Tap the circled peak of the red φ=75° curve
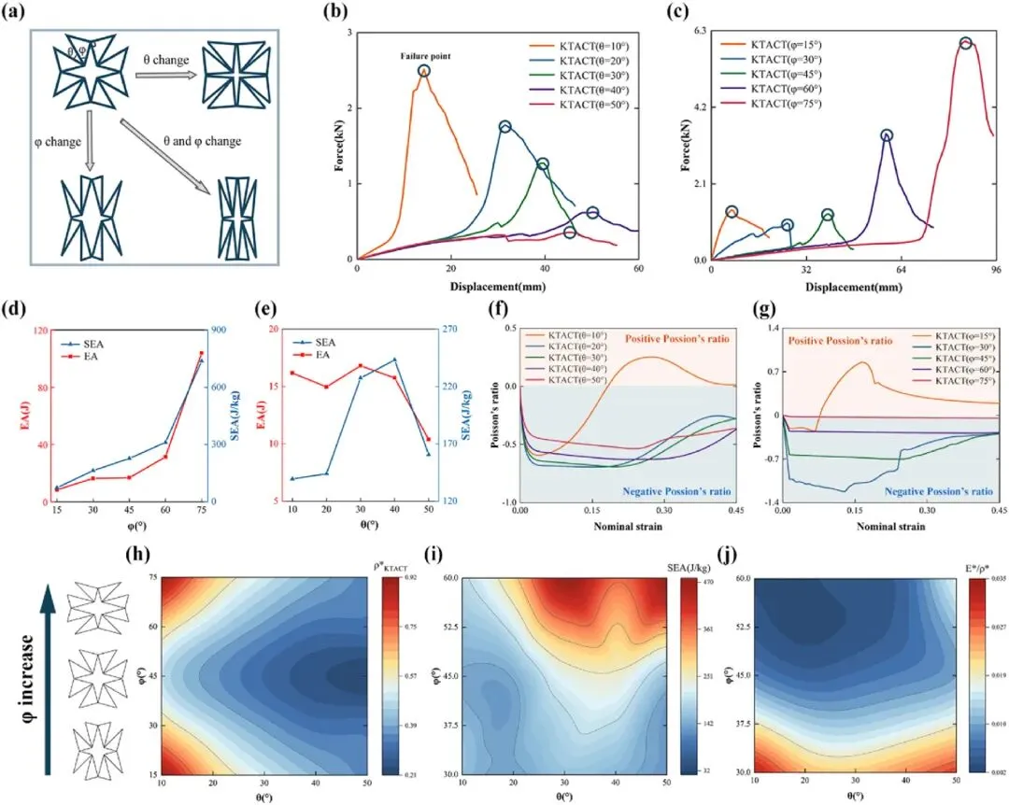pos(965,44)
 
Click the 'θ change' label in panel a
pos(165,60)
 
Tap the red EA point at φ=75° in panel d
pos(201,354)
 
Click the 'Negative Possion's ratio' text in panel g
pos(937,490)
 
